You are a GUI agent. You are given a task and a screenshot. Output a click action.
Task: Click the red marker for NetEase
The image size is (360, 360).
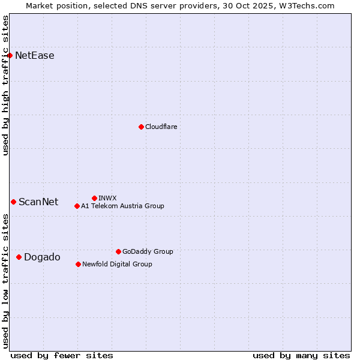(10, 56)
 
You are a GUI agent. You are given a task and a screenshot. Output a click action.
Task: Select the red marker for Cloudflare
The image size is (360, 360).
(141, 127)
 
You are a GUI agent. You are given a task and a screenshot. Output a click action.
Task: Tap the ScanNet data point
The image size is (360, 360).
(13, 202)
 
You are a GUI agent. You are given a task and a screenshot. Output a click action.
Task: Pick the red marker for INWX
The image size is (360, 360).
(94, 198)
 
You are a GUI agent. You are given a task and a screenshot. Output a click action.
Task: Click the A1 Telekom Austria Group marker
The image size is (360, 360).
(77, 206)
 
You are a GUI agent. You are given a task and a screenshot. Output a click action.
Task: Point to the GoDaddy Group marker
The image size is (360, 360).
(118, 251)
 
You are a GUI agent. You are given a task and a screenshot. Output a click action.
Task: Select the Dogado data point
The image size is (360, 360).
(19, 257)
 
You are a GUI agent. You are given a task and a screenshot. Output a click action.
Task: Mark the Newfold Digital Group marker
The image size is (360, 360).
(78, 264)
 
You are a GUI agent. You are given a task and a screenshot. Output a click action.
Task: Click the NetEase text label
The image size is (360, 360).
(35, 56)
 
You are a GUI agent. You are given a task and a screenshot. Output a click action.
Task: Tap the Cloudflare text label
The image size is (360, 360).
(161, 127)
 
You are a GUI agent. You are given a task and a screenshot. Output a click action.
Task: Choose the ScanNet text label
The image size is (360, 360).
(38, 202)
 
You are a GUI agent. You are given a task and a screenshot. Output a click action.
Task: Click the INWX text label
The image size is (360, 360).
(107, 198)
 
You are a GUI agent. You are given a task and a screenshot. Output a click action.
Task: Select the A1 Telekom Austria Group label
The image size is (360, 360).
(122, 206)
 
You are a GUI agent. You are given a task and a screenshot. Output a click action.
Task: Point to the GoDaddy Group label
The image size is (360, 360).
(148, 251)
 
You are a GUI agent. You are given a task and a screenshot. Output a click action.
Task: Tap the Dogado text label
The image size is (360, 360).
(42, 257)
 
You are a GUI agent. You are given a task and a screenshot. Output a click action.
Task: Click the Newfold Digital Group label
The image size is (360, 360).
(117, 264)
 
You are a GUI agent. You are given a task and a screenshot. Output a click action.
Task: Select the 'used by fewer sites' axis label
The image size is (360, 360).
(62, 355)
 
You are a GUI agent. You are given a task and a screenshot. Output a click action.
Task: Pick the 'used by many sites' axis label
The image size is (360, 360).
(301, 355)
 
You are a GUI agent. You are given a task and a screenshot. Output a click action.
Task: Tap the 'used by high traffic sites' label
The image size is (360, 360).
(6, 85)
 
